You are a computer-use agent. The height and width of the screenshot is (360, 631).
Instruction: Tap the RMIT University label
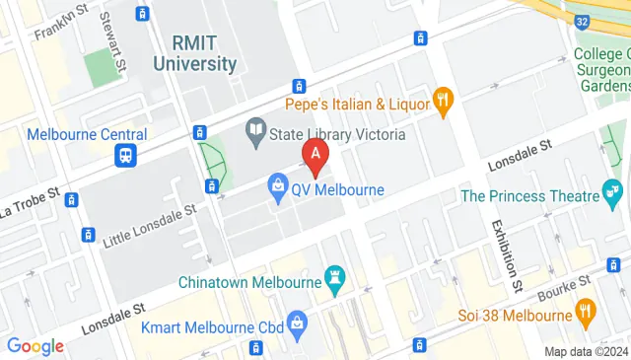click(x=204, y=54)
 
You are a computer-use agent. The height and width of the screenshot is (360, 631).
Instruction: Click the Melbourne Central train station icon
click(x=126, y=156)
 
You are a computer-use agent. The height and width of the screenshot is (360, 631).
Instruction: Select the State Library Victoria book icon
click(x=255, y=128)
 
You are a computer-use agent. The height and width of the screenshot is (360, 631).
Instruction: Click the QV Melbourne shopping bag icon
click(x=279, y=188)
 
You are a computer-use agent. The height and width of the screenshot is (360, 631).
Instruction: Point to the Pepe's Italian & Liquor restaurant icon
click(x=444, y=100)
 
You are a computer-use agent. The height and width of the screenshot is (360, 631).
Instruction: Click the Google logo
click(x=35, y=346)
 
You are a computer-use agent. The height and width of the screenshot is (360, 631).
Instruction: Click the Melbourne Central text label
click(x=88, y=134)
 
